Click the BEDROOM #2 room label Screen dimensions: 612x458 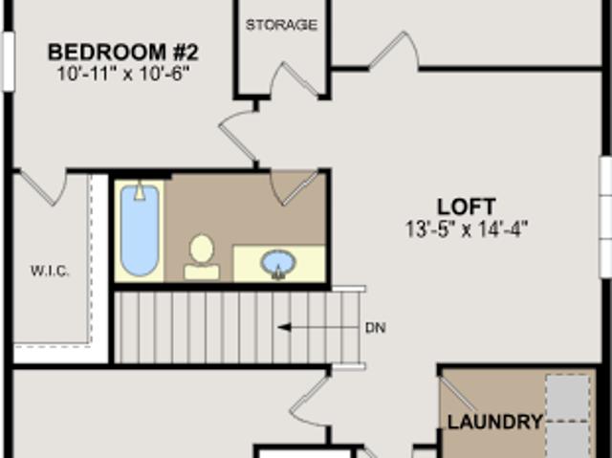(123, 53)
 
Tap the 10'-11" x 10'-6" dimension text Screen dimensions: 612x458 (123, 74)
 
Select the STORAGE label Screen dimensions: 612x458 (281, 25)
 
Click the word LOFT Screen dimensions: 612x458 (467, 207)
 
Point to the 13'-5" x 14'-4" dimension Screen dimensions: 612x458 (467, 229)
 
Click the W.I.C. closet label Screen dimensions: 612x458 (50, 271)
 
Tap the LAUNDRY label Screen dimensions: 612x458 (495, 422)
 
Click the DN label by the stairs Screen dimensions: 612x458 (376, 328)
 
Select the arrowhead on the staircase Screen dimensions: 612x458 (284, 327)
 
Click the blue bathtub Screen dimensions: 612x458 (140, 230)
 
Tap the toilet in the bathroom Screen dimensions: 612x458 (202, 256)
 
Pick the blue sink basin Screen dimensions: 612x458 (278, 264)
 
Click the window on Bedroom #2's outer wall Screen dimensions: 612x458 (9, 61)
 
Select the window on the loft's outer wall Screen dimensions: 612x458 (605, 217)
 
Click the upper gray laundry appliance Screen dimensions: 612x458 (568, 398)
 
